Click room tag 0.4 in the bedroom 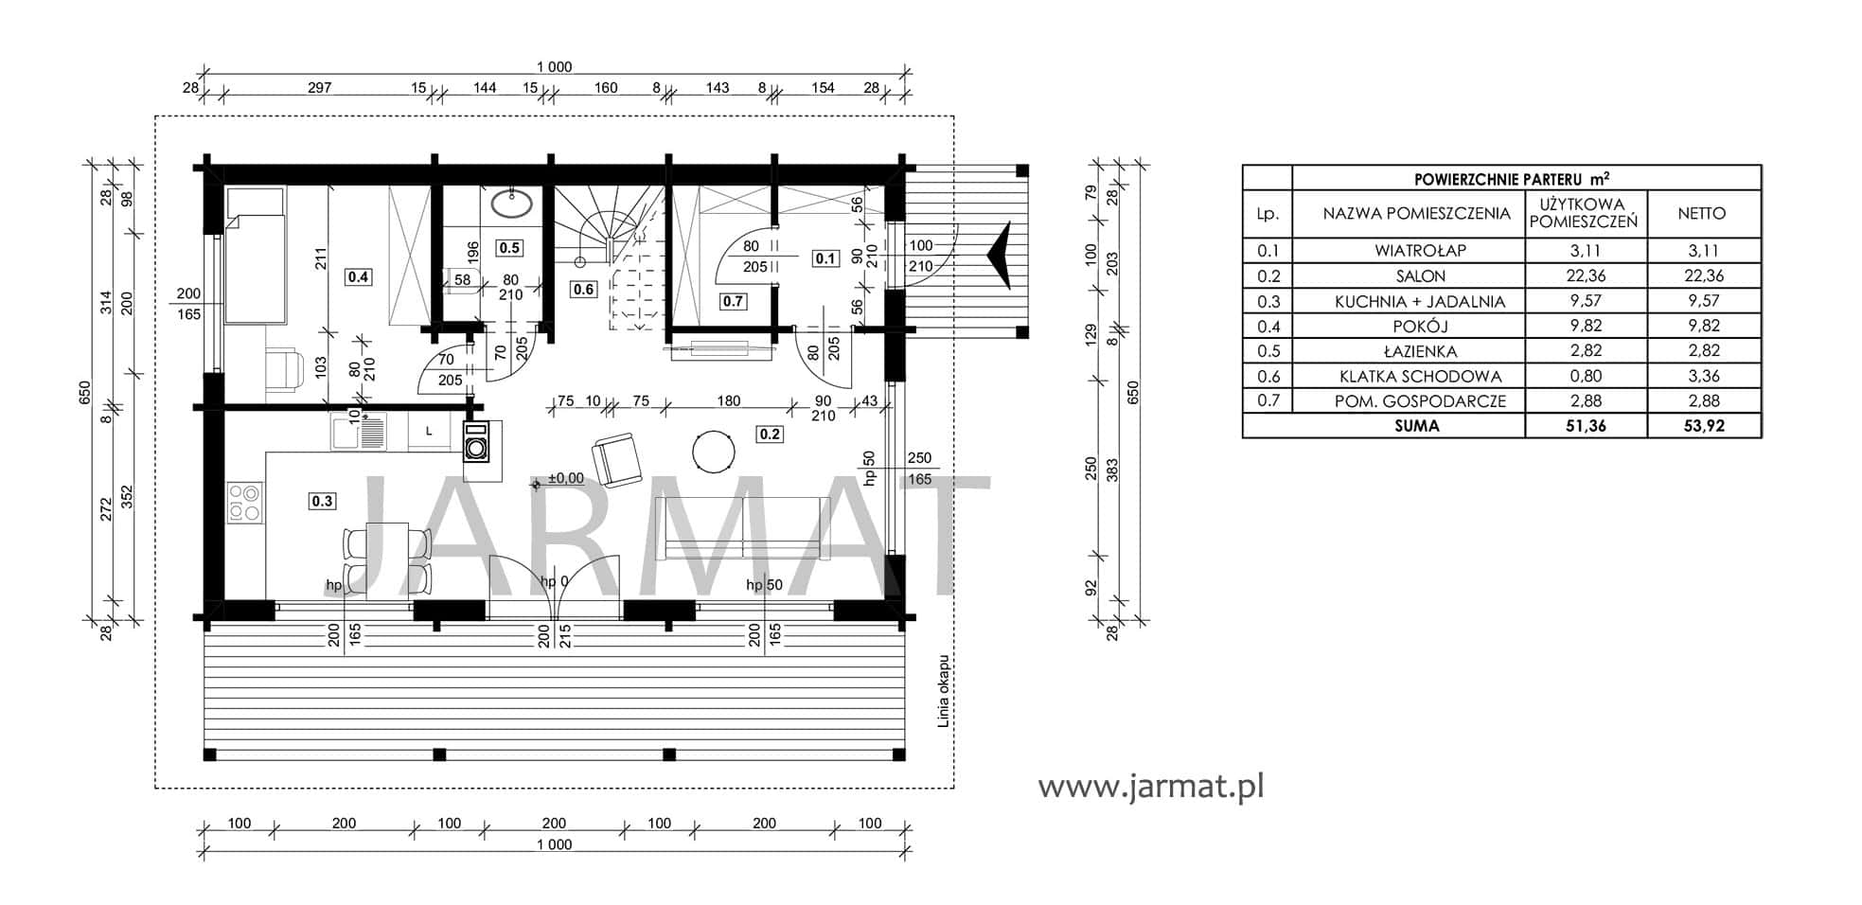click(358, 277)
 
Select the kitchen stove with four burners click(245, 503)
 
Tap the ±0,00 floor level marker click(559, 480)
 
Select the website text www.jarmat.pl click(1151, 786)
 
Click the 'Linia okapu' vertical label click(943, 690)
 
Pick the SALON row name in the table click(1420, 276)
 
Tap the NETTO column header click(1701, 214)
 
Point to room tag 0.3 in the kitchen click(322, 501)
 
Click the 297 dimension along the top click(320, 88)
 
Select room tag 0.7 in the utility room click(733, 301)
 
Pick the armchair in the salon click(616, 459)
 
